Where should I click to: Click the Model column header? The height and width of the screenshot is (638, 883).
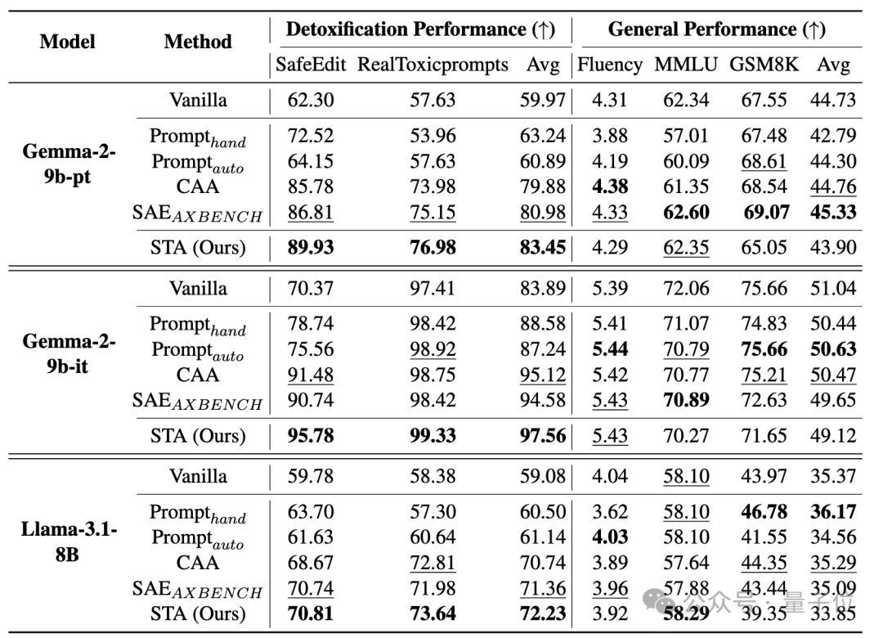[x=67, y=42]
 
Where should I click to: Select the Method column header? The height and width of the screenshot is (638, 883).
[x=198, y=42]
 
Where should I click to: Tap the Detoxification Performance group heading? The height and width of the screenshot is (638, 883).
[x=420, y=29]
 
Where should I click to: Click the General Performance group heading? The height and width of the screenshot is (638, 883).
[x=716, y=29]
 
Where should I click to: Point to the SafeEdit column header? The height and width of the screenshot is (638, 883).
[x=311, y=65]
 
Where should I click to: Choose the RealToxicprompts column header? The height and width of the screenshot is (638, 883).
[x=433, y=65]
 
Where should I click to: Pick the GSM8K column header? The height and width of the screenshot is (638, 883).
[x=764, y=65]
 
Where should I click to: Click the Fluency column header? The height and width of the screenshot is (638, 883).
[x=610, y=65]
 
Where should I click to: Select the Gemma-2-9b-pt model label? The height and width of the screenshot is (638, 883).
[x=68, y=164]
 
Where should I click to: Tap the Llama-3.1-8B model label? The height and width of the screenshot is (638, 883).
[x=68, y=541]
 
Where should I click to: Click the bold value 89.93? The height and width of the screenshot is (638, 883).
[x=311, y=247]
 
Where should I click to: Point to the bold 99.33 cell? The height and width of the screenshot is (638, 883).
[x=433, y=436]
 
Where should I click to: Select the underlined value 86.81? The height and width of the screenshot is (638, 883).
[x=311, y=213]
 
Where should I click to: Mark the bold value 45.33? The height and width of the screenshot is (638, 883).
[x=833, y=213]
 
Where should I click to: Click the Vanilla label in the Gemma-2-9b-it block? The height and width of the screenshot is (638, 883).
[x=198, y=289]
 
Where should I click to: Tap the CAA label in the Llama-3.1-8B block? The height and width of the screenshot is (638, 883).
[x=197, y=563]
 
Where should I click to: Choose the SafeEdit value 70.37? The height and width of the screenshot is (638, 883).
[x=311, y=289]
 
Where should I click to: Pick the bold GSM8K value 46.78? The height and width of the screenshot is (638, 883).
[x=764, y=512]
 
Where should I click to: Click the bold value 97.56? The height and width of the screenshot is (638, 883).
[x=542, y=436]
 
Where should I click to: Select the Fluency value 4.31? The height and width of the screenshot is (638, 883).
[x=609, y=101]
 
